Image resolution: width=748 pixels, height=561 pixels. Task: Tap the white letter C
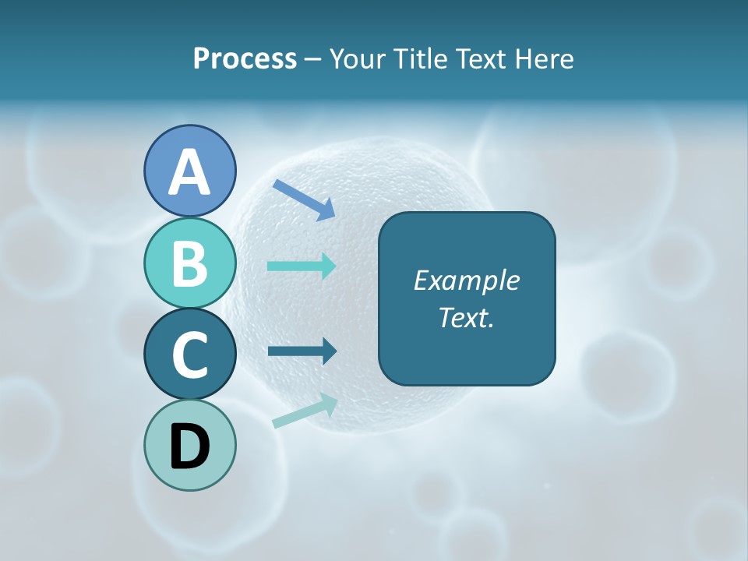pyautogui.click(x=189, y=355)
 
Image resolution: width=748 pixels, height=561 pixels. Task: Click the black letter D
pyautogui.click(x=189, y=446)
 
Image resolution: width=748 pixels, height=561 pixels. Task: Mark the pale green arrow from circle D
pyautogui.click(x=305, y=411)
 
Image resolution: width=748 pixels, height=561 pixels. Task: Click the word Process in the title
pyautogui.click(x=245, y=58)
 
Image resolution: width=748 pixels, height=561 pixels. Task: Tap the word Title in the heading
pyautogui.click(x=420, y=58)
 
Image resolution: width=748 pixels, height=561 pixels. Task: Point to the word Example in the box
pyautogui.click(x=466, y=280)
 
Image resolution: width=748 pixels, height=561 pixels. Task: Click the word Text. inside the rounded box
pyautogui.click(x=466, y=318)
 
